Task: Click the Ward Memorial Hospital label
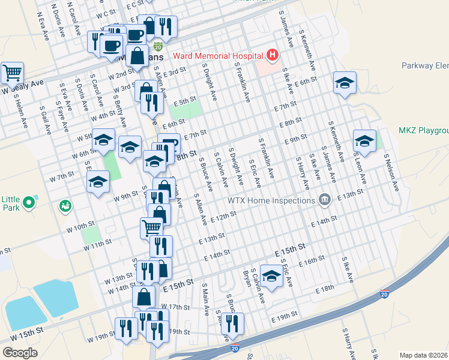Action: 218,56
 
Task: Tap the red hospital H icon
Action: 273,56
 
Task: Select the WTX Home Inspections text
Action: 272,200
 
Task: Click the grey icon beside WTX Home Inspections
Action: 325,199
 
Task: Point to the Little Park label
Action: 11,204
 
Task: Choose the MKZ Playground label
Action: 423,130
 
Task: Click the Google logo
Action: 20,353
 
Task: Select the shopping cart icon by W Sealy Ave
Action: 12,73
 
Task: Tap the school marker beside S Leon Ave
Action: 364,142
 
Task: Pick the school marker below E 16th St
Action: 271,277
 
